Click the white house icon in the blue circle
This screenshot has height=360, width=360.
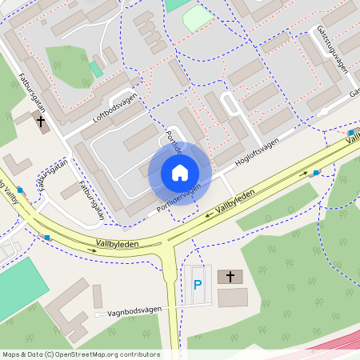pyautogui.click(x=179, y=173)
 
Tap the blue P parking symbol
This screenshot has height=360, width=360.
pyautogui.click(x=198, y=284)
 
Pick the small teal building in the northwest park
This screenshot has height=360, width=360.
pyautogui.click(x=96, y=69)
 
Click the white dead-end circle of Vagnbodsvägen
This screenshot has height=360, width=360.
pyautogui.click(x=97, y=314)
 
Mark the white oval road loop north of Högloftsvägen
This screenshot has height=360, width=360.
pyautogui.click(x=230, y=104)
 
